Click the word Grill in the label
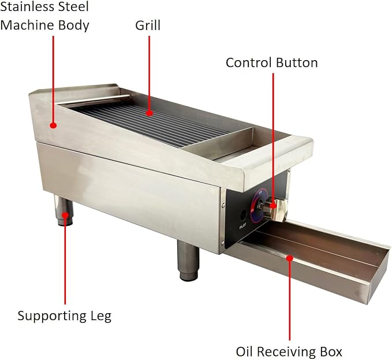coord(148,25)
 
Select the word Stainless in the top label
coord(28,6)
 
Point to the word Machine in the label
coord(27,25)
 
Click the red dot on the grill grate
coord(150,113)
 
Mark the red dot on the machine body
coord(53,125)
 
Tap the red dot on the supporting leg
coord(65,215)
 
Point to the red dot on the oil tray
coord(290,258)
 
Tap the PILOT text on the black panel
coord(242,226)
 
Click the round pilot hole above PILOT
coord(243,214)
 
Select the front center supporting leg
coord(189,261)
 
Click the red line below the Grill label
coord(150,73)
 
